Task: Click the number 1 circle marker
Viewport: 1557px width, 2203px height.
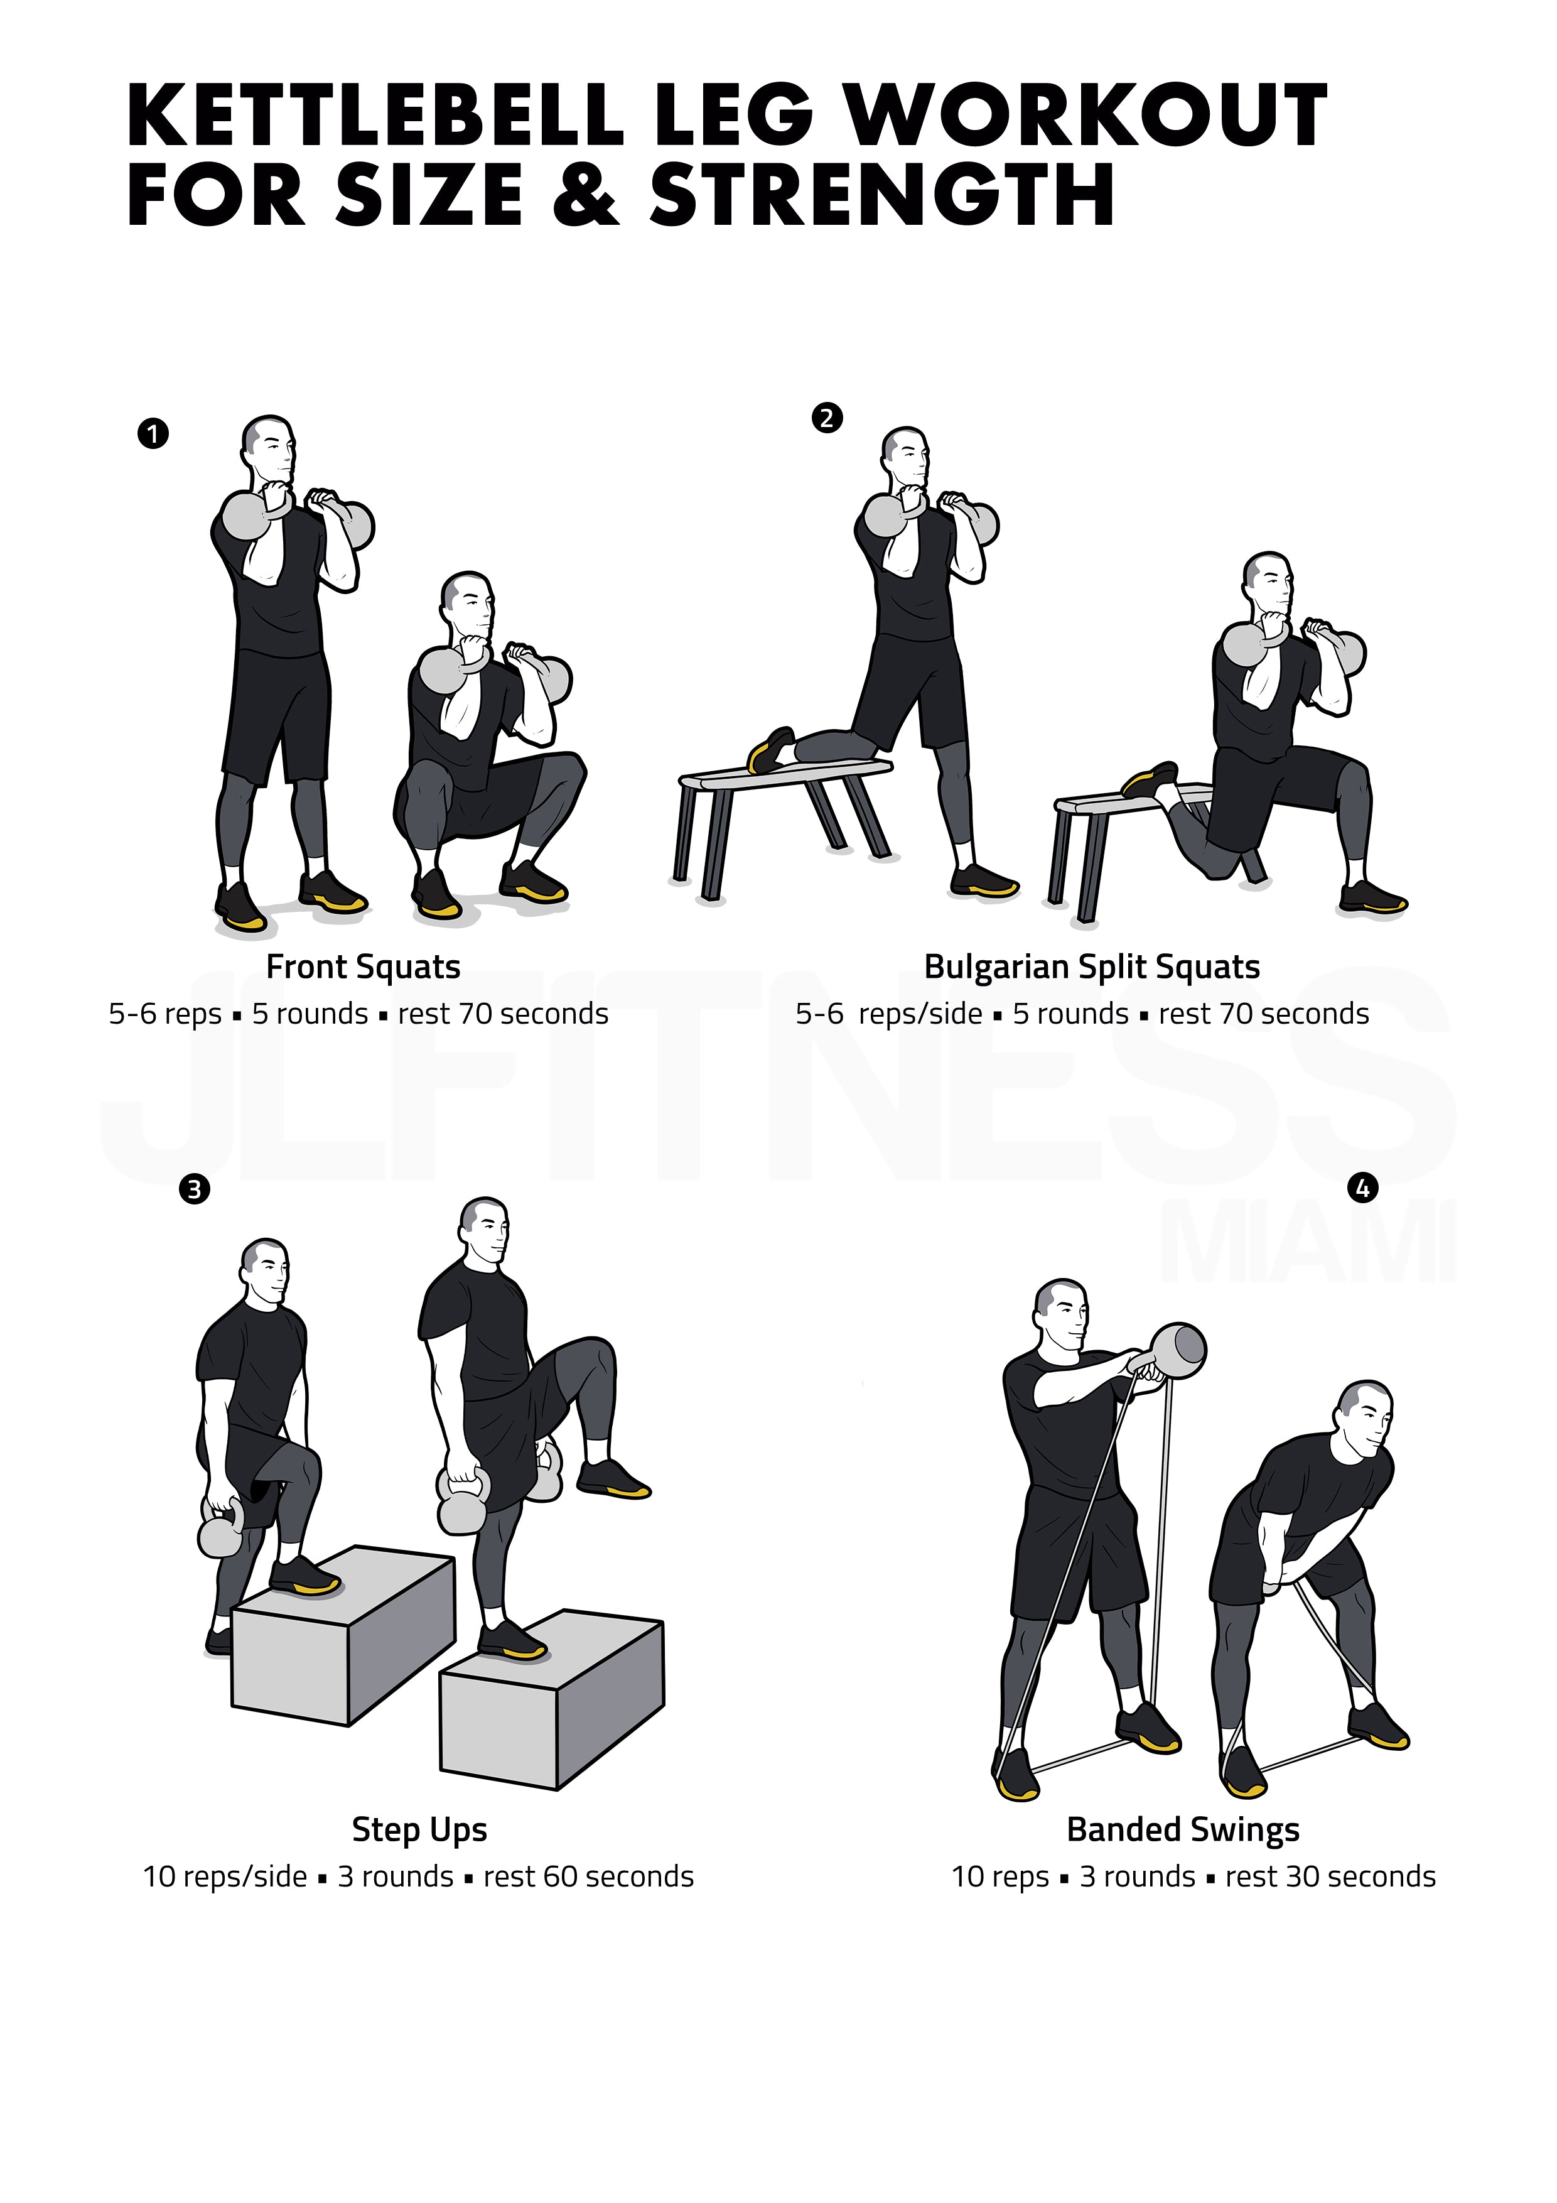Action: click(153, 434)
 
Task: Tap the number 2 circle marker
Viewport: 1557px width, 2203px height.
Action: click(827, 418)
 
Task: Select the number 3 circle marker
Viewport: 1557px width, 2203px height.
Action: click(194, 1190)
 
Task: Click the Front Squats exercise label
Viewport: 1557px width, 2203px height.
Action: click(364, 966)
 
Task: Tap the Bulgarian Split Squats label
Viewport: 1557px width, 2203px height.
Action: click(1092, 966)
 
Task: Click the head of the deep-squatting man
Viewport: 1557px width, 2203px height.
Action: click(467, 607)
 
